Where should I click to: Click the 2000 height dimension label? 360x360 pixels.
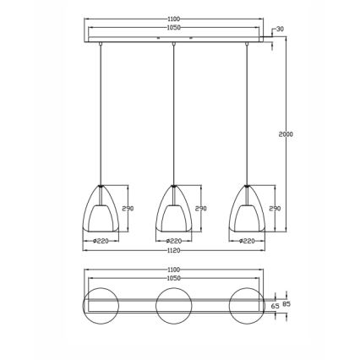(x=285, y=134)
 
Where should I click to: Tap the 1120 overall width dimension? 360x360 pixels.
(x=175, y=251)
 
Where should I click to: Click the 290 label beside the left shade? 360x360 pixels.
(x=128, y=209)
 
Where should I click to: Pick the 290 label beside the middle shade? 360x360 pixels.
(x=200, y=209)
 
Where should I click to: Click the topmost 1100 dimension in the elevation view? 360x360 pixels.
(x=175, y=18)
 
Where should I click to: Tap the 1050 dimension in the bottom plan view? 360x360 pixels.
(x=175, y=278)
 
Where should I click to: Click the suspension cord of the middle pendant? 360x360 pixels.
(x=174, y=110)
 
